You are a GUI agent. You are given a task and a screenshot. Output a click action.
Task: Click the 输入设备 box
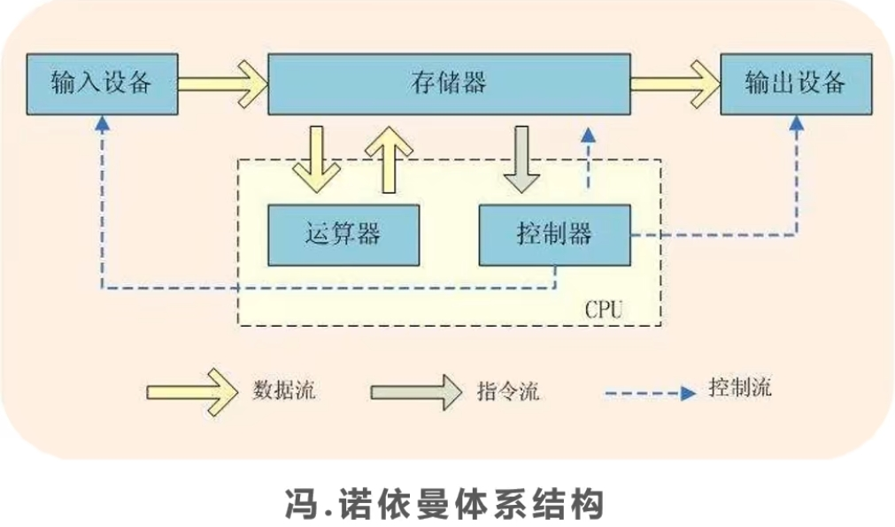click(x=102, y=83)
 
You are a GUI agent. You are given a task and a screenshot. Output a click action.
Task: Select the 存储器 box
click(x=448, y=83)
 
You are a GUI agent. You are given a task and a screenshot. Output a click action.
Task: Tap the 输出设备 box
click(x=795, y=83)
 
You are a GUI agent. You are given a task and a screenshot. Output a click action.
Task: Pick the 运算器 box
click(x=343, y=235)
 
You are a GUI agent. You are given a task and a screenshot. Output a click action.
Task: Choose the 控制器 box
click(x=554, y=235)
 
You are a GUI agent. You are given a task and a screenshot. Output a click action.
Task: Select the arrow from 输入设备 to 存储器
click(x=223, y=83)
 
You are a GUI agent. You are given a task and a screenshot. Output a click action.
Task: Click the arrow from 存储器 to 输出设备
click(x=675, y=83)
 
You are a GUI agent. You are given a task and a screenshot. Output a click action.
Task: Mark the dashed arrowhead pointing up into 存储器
click(x=586, y=134)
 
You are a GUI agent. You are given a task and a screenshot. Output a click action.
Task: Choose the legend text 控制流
click(x=740, y=389)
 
